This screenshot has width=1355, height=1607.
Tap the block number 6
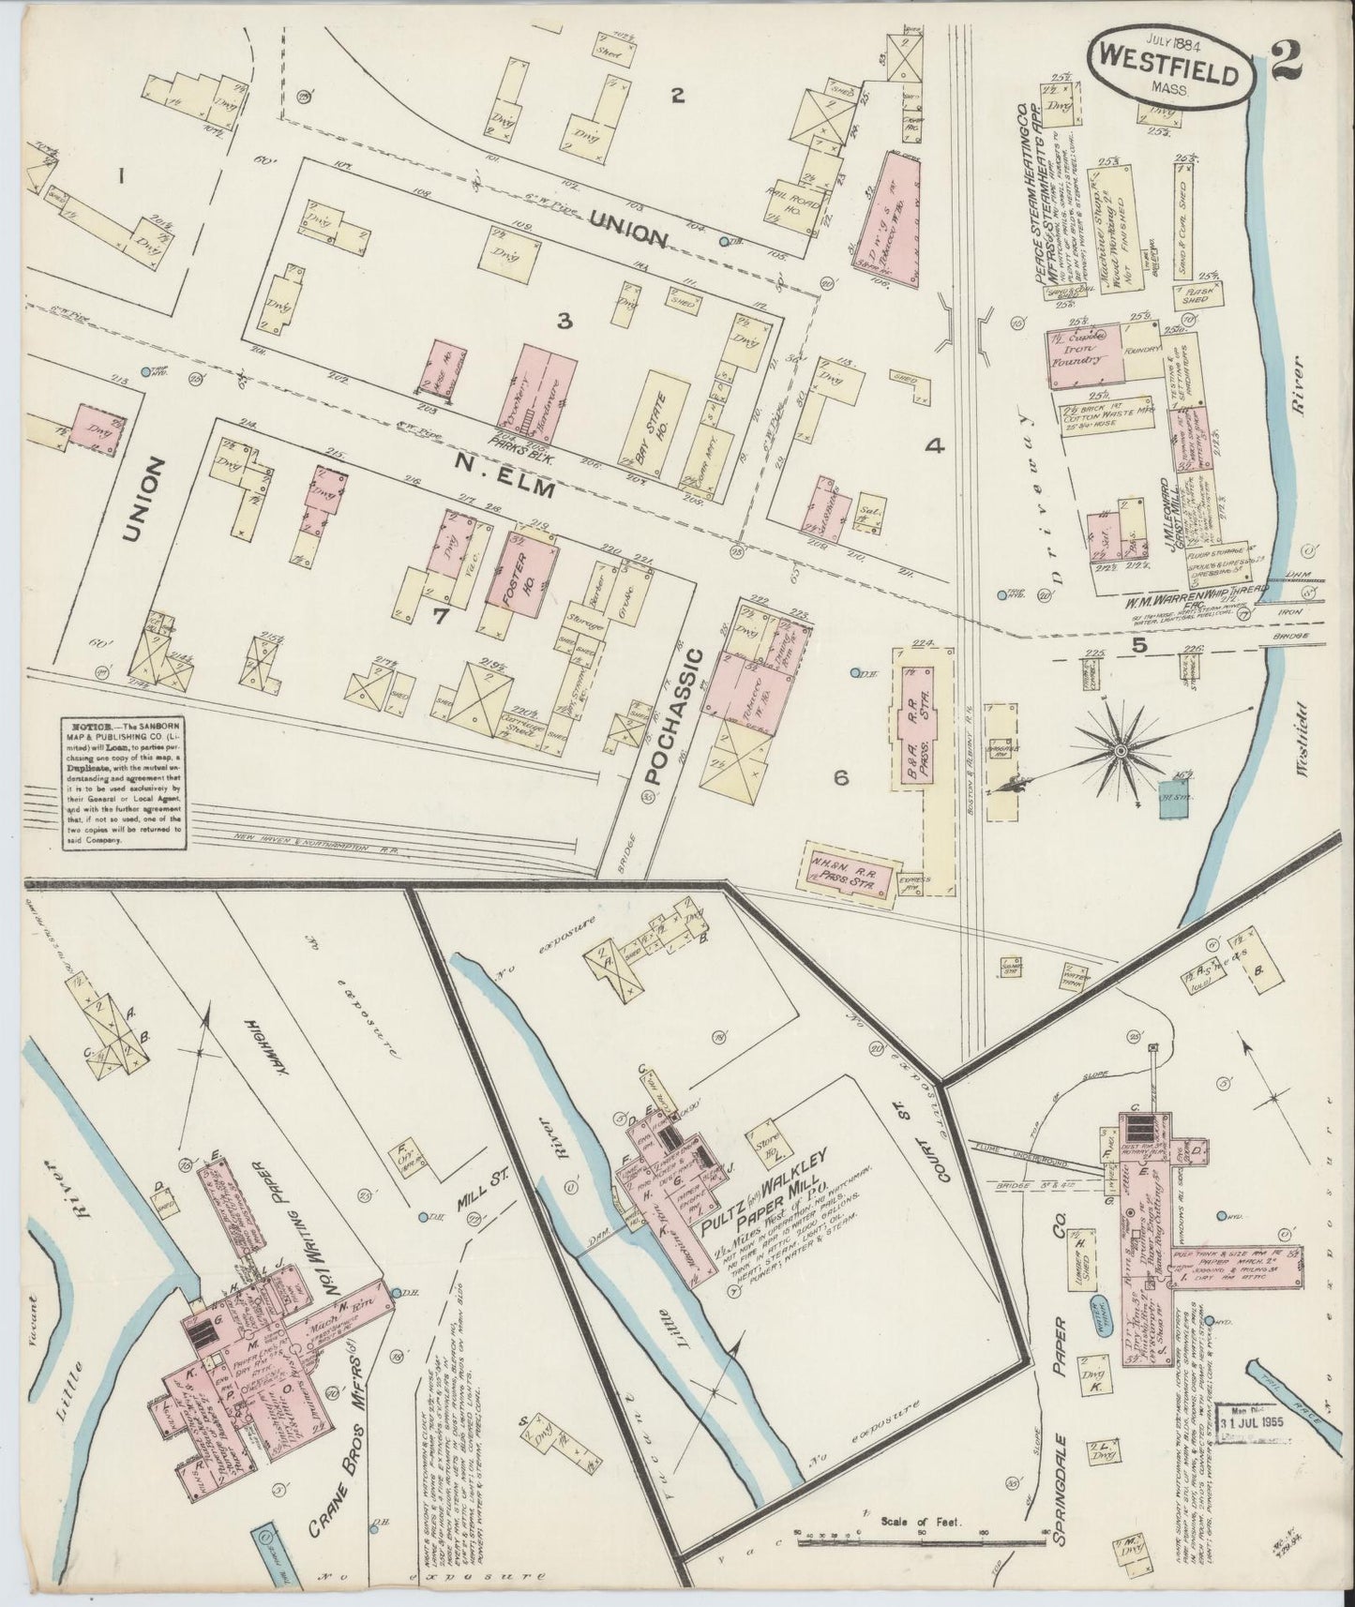click(x=841, y=777)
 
